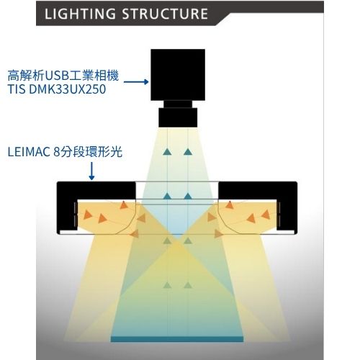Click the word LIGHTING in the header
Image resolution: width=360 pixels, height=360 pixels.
tap(80, 14)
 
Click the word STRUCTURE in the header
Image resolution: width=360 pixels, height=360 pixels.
tap(165, 14)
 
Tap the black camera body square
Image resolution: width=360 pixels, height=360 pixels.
tap(178, 75)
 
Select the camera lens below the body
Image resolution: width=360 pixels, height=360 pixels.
tap(178, 117)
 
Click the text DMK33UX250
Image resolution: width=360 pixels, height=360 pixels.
tap(68, 89)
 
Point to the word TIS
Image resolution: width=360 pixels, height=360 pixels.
tap(17, 89)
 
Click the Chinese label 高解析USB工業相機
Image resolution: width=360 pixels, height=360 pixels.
tap(63, 76)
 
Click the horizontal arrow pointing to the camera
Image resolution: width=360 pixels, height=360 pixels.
tap(136, 82)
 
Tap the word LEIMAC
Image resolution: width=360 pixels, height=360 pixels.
tap(28, 152)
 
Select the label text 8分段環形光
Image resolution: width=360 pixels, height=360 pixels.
tap(88, 152)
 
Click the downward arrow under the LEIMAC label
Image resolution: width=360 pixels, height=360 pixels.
tap(91, 171)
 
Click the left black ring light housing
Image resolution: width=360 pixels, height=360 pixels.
tap(96, 192)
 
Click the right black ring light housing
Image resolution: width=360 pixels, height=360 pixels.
tap(258, 192)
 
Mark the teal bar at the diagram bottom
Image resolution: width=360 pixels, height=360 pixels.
tap(177, 339)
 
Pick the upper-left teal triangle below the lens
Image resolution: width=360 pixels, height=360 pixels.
tap(167, 152)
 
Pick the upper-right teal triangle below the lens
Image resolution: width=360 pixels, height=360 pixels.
tap(188, 152)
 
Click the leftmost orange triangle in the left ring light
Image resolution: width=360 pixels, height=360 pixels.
tap(87, 215)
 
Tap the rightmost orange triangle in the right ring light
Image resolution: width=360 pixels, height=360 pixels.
tap(266, 215)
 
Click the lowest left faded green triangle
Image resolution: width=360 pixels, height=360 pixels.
tap(167, 285)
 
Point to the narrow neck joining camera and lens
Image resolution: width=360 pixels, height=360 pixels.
tap(178, 104)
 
